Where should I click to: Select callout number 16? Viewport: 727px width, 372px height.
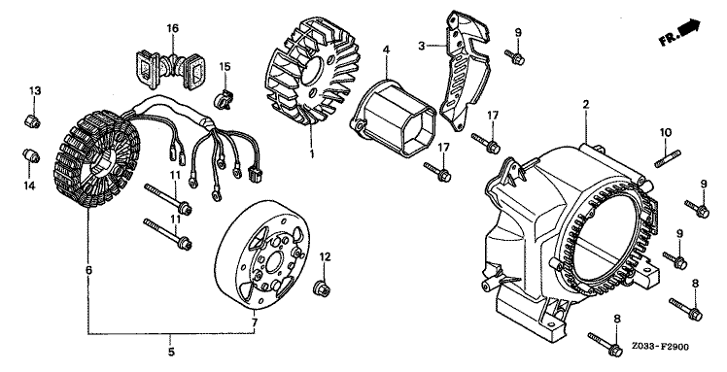172,29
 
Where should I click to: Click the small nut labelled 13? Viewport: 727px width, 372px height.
32,120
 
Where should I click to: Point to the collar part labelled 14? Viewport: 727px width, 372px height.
31,156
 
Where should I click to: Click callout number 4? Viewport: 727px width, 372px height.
387,50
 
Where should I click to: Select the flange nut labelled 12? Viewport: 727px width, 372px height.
321,289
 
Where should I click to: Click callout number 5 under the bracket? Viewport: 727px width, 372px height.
172,352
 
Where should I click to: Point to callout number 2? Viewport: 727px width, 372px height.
586,104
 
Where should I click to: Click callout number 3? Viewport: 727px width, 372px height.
421,46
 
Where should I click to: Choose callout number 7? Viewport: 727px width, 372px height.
254,321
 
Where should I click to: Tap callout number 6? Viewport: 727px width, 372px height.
89,270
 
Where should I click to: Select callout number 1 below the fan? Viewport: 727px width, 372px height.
312,152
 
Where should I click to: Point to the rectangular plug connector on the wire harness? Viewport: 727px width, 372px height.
255,175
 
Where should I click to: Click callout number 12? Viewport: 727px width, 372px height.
325,256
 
